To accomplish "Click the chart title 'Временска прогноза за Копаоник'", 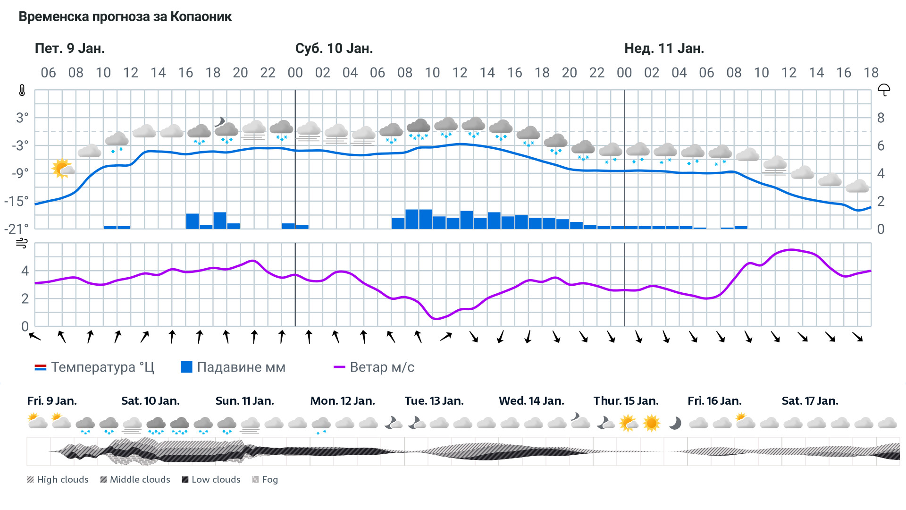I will coord(125,17).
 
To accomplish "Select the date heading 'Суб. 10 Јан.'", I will coord(334,49).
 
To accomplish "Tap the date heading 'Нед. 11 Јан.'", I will coord(664,49).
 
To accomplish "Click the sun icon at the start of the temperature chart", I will coord(62,169).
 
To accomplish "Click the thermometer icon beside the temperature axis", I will coord(22,90).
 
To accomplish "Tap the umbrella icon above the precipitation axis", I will coord(883,90).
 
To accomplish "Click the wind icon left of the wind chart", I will coord(22,243).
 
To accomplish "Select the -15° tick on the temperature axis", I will coord(17,201).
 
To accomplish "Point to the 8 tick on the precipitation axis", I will coord(881,118).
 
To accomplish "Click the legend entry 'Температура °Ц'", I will coord(94,367).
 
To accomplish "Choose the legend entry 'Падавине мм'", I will coord(233,367).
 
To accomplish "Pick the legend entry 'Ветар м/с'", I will coord(374,367).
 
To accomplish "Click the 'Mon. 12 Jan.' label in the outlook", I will coord(343,401).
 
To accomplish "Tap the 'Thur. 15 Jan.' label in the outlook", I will coord(626,401).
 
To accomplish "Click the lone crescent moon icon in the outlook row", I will coord(675,423).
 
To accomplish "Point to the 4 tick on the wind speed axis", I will coord(25,271).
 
